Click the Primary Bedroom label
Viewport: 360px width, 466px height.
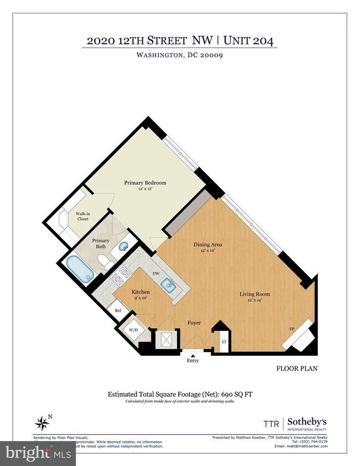click(x=145, y=183)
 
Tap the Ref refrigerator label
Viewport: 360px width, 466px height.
click(x=118, y=311)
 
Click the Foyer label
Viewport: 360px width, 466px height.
click(x=193, y=323)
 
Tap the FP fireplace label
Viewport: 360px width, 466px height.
click(x=291, y=330)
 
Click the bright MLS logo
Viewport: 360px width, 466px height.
click(x=37, y=454)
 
